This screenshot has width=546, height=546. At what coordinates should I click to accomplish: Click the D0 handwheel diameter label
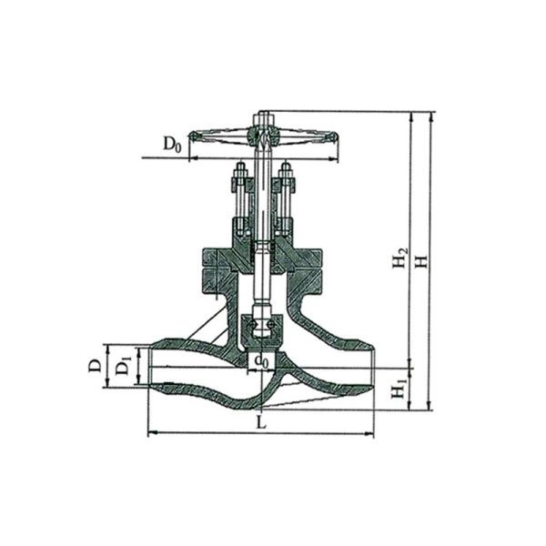(x=172, y=144)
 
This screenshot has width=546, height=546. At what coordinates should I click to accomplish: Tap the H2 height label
(x=399, y=258)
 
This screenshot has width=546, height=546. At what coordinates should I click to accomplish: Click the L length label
(x=261, y=422)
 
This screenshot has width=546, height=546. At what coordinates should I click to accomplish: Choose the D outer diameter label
(x=95, y=366)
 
